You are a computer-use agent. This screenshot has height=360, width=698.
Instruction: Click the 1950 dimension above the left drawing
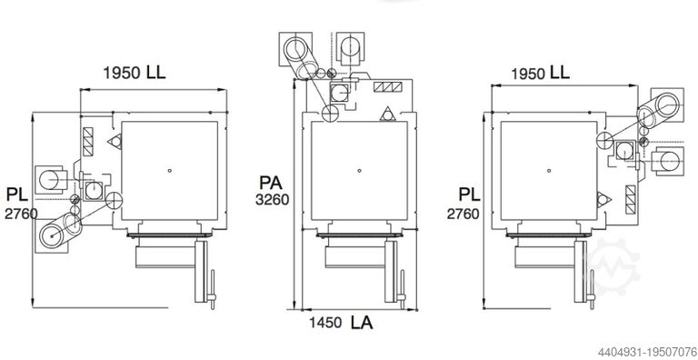click(122, 73)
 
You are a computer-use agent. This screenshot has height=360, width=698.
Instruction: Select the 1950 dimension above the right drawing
click(528, 74)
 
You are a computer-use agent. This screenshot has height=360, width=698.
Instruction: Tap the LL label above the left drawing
click(155, 72)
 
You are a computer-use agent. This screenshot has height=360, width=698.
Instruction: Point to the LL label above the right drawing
click(560, 72)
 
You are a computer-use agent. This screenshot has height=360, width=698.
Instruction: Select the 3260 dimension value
click(272, 200)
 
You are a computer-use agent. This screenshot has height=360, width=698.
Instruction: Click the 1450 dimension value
click(326, 323)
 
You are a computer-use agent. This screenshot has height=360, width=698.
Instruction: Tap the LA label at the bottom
click(362, 323)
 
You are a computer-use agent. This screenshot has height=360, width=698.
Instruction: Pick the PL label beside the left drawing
click(17, 195)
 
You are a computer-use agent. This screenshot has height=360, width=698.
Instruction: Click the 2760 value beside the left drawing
click(21, 214)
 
